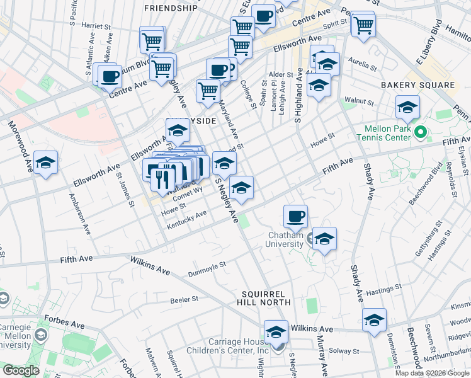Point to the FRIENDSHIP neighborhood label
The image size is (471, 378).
[x=170, y=8]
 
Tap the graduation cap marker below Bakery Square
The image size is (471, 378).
[x=407, y=108]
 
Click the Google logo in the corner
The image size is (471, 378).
[x=21, y=370]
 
